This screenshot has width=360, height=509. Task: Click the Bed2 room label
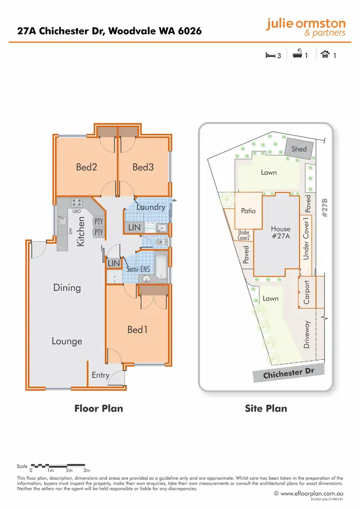pyautogui.click(x=86, y=167)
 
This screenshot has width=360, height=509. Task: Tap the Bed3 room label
pyautogui.click(x=143, y=167)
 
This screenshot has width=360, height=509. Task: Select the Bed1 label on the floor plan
pyautogui.click(x=137, y=330)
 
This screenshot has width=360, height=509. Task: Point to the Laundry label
pyautogui.click(x=151, y=207)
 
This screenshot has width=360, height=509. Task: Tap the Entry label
pyautogui.click(x=100, y=375)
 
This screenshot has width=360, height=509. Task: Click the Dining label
pyautogui.click(x=67, y=288)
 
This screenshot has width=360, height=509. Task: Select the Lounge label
pyautogui.click(x=67, y=341)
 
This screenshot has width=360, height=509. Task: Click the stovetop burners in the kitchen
pyautogui.click(x=77, y=203)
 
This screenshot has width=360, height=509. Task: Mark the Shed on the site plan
pyautogui.click(x=299, y=149)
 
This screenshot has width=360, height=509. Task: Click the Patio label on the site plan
pyautogui.click(x=248, y=211)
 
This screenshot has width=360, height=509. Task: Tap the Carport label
pyautogui.click(x=307, y=293)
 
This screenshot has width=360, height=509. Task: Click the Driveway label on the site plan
pyautogui.click(x=307, y=335)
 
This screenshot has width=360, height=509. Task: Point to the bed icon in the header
pyautogui.click(x=271, y=55)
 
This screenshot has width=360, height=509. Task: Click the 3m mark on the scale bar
pyautogui.click(x=86, y=471)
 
